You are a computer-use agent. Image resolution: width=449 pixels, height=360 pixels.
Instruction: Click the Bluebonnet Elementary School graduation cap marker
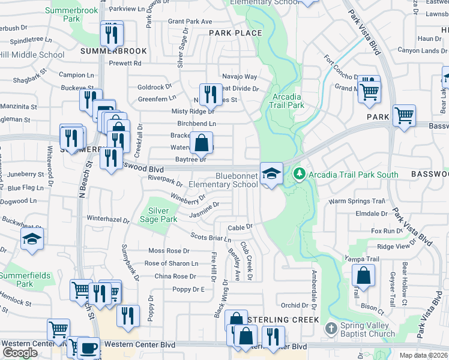[x=271, y=174]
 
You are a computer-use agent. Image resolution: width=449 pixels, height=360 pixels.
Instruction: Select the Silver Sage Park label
[x=163, y=215]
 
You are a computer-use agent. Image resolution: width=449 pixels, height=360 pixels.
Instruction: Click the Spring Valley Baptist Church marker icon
[x=330, y=328]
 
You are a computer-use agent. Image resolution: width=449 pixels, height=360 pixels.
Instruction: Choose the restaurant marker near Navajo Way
[x=210, y=94]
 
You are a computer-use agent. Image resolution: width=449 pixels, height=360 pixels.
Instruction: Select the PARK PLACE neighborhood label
[x=235, y=34]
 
